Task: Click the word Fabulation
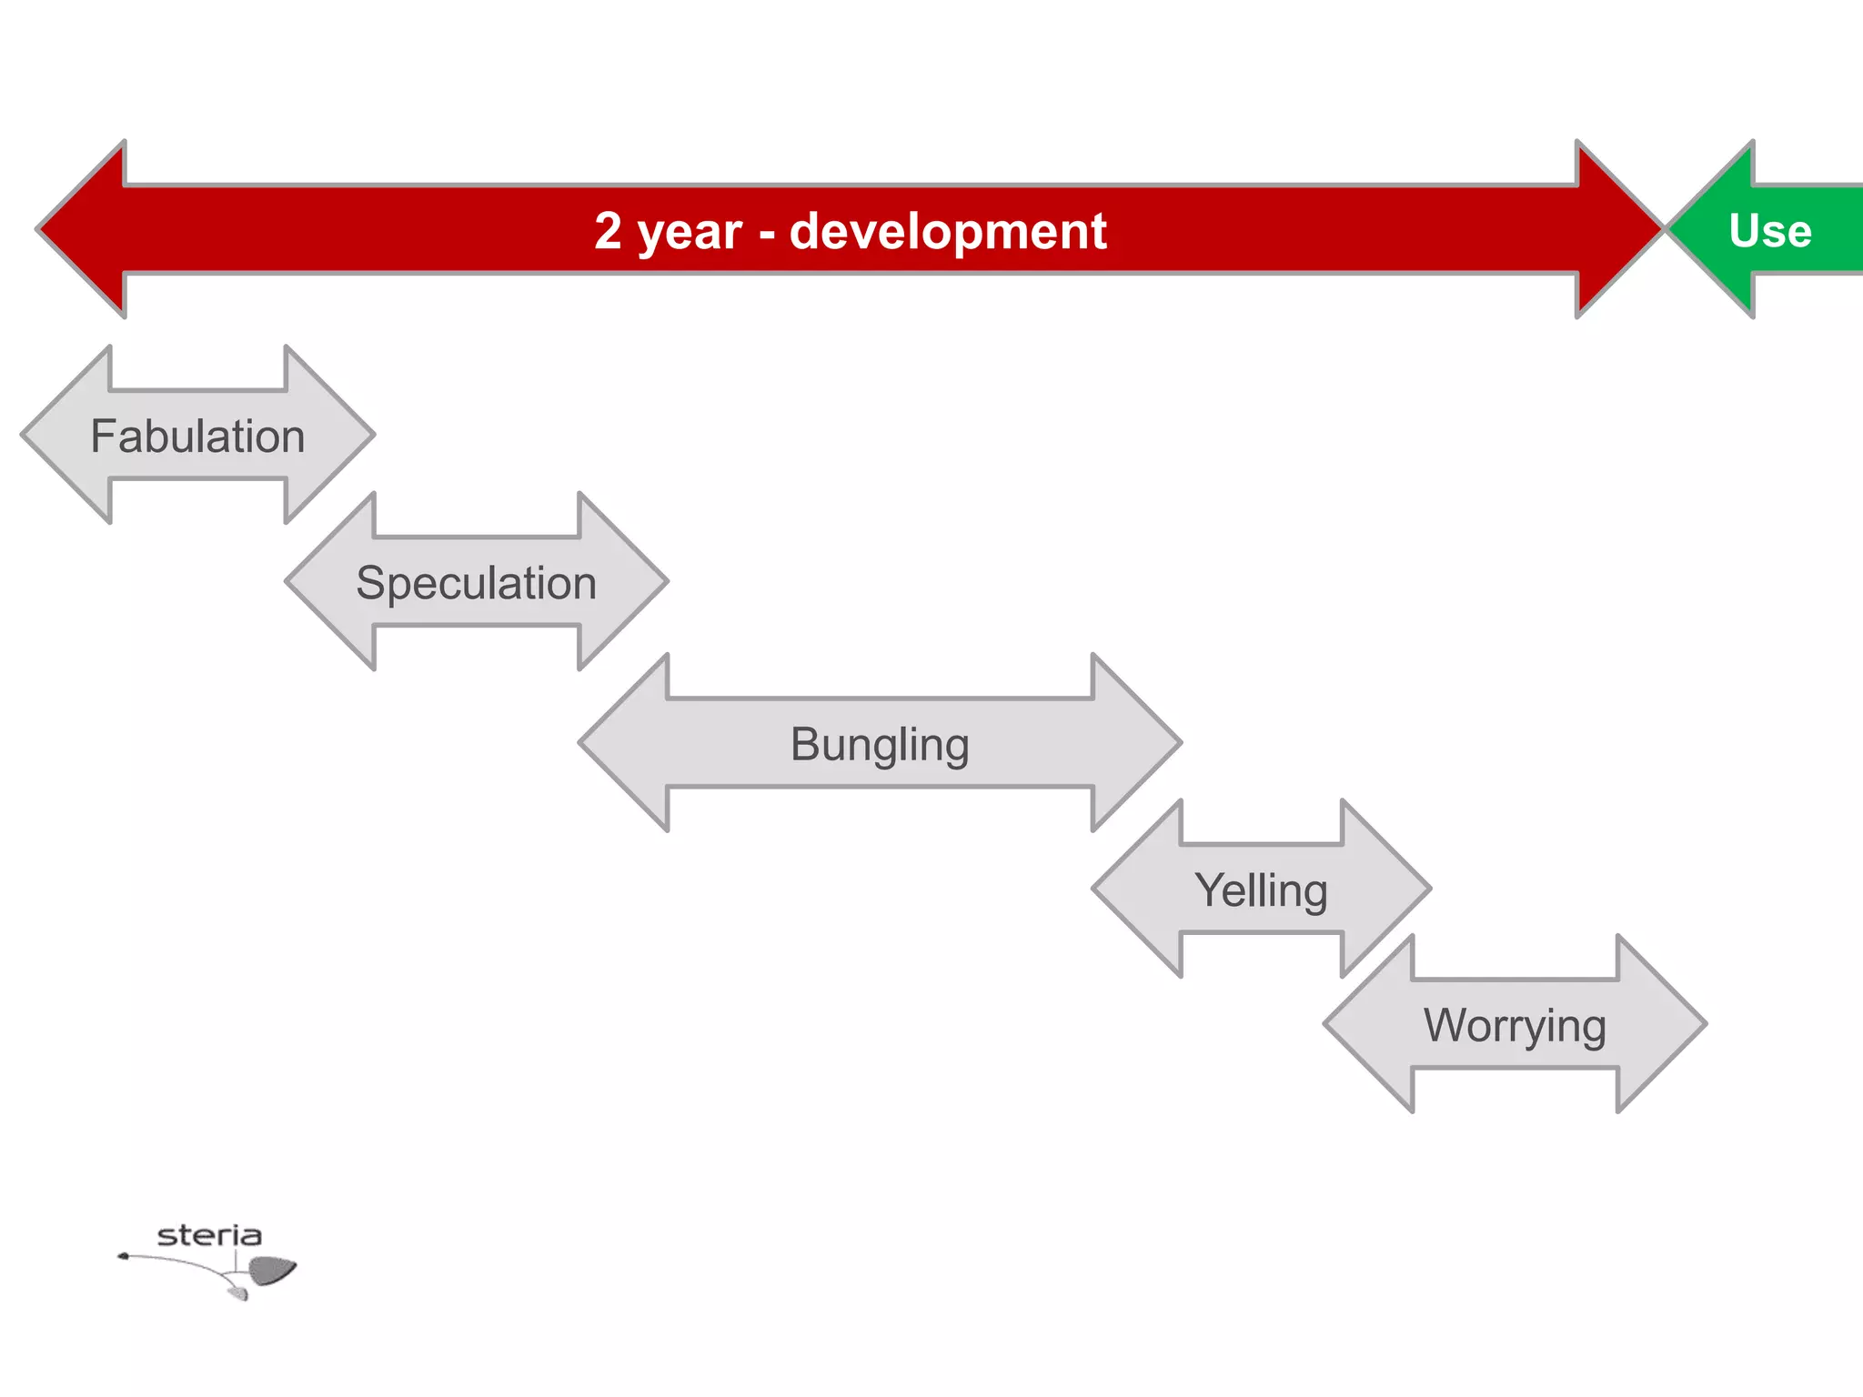197,437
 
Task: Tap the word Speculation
476,583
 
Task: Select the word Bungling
880,744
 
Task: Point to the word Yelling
1261,890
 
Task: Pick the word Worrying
1515,1026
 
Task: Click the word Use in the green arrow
1769,231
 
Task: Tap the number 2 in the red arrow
608,231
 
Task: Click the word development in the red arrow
948,231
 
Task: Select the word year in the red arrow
690,233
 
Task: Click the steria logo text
209,1235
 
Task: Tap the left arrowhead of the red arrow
86,229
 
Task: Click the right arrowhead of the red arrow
1615,229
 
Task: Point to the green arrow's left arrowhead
1715,229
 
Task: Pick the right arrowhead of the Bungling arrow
1133,742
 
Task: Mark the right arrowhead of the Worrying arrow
1658,1023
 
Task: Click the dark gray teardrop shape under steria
271,1270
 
